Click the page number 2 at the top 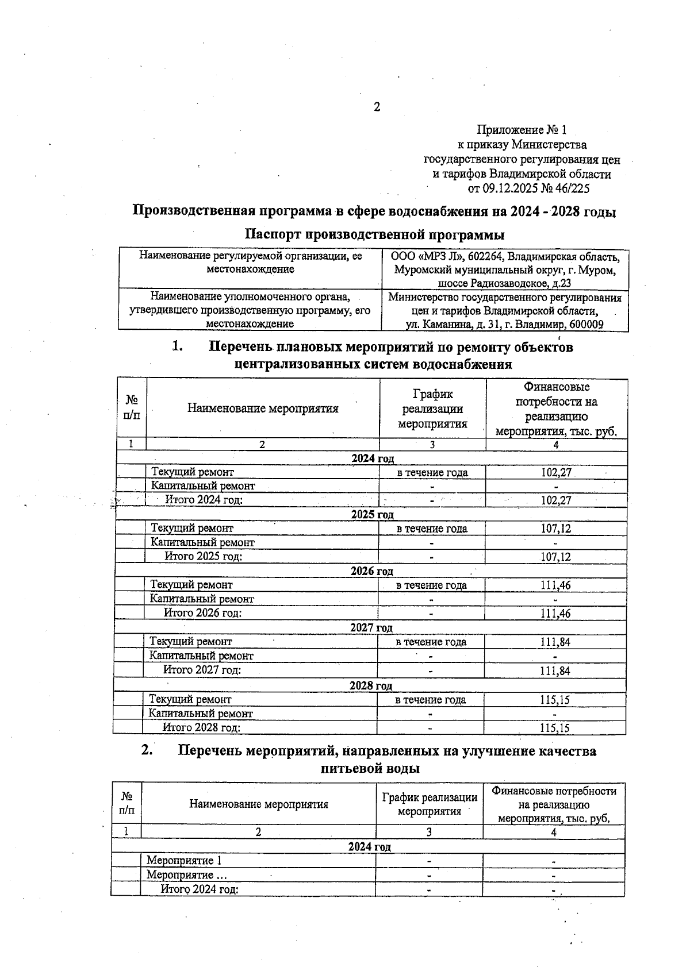tap(377, 107)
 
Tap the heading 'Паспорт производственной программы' tap(374, 235)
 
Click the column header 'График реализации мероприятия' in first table tap(432, 409)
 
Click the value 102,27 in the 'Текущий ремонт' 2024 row tap(556, 473)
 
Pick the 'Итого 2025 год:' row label tap(203, 556)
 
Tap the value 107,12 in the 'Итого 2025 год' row tap(555, 557)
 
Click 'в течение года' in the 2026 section tap(431, 585)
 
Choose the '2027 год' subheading tap(371, 628)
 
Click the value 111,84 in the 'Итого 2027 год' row tap(555, 670)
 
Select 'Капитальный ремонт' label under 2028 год tap(201, 714)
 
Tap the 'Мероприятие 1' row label tap(184, 861)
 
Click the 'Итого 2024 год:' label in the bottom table tap(200, 889)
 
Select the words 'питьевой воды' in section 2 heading tap(370, 768)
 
